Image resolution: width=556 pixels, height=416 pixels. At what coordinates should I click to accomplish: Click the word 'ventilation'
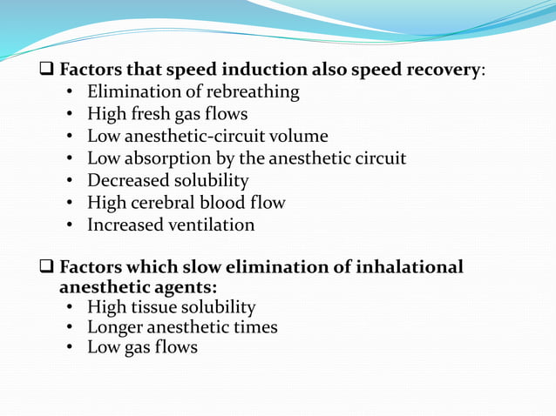coord(210,225)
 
